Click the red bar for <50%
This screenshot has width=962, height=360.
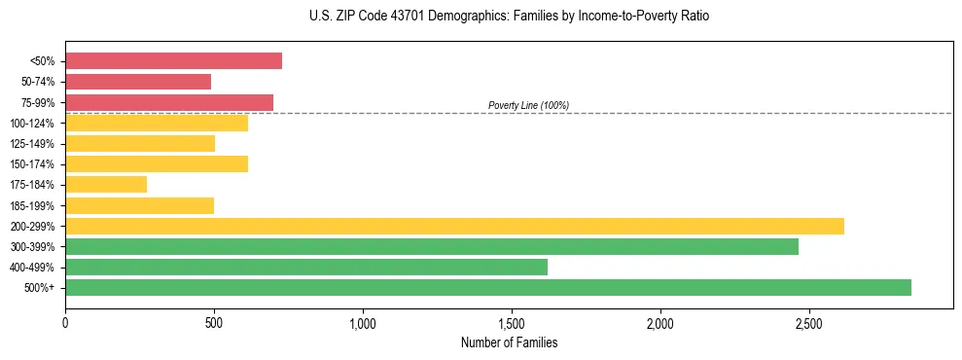pos(173,61)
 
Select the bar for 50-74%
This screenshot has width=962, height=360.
pos(138,82)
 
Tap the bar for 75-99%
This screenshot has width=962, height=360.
pos(169,102)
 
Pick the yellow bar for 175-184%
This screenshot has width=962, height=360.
pos(106,185)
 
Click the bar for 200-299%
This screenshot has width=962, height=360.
pos(454,226)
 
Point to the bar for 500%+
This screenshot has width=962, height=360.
pos(488,287)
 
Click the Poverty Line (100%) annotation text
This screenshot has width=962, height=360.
pos(528,105)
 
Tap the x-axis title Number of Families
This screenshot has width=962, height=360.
pos(509,342)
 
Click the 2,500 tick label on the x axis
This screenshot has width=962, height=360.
pos(809,322)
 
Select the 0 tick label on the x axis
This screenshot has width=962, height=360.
pos(65,322)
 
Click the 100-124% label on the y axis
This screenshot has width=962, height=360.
pos(32,124)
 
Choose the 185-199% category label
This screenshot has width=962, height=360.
pos(32,205)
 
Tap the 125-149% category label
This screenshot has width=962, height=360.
pos(32,144)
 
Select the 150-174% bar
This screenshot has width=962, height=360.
pos(157,164)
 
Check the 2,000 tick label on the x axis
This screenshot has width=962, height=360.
pos(660,322)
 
